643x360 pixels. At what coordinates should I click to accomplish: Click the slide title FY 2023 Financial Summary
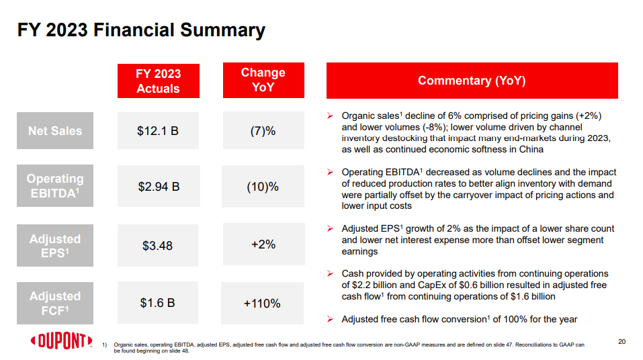tap(141, 30)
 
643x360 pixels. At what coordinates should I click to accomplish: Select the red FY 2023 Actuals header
tap(158, 81)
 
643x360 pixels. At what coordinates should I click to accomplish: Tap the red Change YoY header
tap(263, 80)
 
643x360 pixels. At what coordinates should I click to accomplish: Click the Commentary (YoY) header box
tap(472, 81)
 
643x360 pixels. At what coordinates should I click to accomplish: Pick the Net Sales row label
tap(55, 130)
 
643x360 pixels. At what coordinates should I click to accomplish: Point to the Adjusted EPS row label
tap(55, 246)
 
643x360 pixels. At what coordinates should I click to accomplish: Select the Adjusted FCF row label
tap(55, 303)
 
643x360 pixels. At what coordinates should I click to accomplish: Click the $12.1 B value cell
tap(158, 130)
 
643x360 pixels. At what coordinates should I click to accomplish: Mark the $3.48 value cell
tap(158, 246)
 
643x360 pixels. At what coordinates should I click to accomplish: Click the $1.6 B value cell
tap(158, 303)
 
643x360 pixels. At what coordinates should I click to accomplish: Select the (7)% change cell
tap(263, 130)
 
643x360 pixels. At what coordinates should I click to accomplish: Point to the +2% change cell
tap(263, 244)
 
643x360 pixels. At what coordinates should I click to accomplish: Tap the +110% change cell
tap(263, 304)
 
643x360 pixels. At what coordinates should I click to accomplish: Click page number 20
tap(621, 342)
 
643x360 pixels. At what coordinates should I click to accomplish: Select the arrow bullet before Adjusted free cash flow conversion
tap(330, 319)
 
